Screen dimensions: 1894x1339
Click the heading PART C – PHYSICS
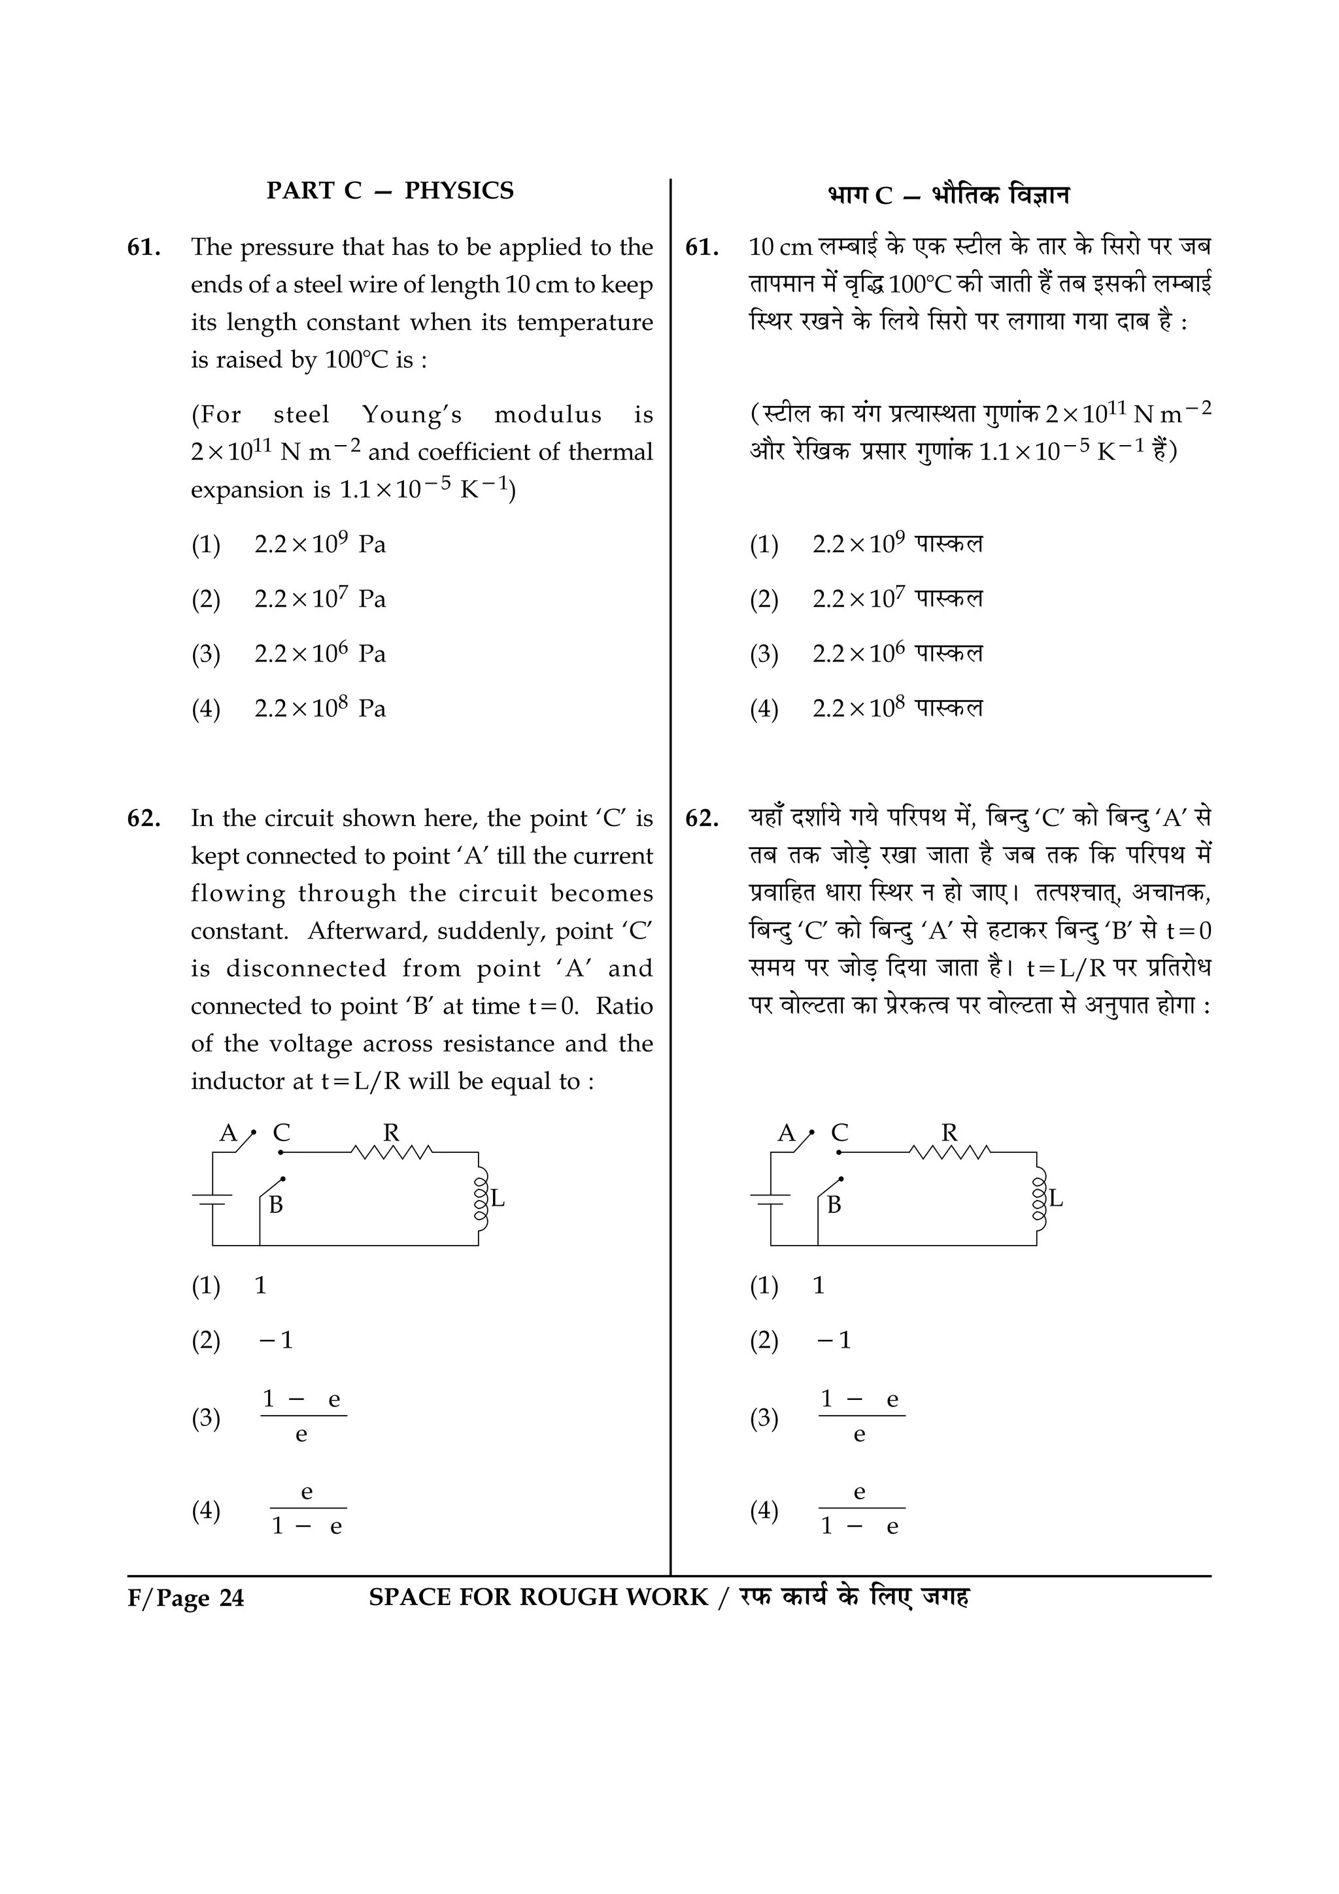coord(390,191)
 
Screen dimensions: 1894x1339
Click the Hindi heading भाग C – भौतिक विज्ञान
coord(948,195)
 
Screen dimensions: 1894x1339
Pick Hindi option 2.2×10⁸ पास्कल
coord(897,708)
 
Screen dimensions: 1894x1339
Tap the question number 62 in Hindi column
coord(702,818)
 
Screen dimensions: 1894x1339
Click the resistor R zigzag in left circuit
coord(391,1152)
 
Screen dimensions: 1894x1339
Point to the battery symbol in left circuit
coord(213,1199)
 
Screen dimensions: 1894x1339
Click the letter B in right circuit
coord(834,1205)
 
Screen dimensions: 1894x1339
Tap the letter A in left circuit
coord(228,1133)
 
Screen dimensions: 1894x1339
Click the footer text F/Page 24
coord(186,1599)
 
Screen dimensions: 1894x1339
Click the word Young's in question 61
coord(412,414)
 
